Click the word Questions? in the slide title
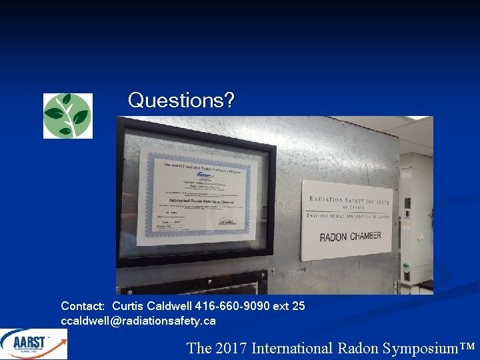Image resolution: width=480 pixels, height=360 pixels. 181,101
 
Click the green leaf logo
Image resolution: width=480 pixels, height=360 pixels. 67,115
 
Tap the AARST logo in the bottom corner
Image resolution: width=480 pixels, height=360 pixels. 33,345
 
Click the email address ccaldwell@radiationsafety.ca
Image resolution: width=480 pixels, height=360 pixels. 138,321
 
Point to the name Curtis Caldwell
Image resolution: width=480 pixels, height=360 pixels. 152,306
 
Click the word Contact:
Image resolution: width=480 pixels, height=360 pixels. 83,306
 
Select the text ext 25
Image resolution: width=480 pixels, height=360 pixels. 289,306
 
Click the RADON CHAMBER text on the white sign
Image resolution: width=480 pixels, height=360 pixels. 350,236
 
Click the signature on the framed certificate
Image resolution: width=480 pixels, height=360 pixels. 226,223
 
